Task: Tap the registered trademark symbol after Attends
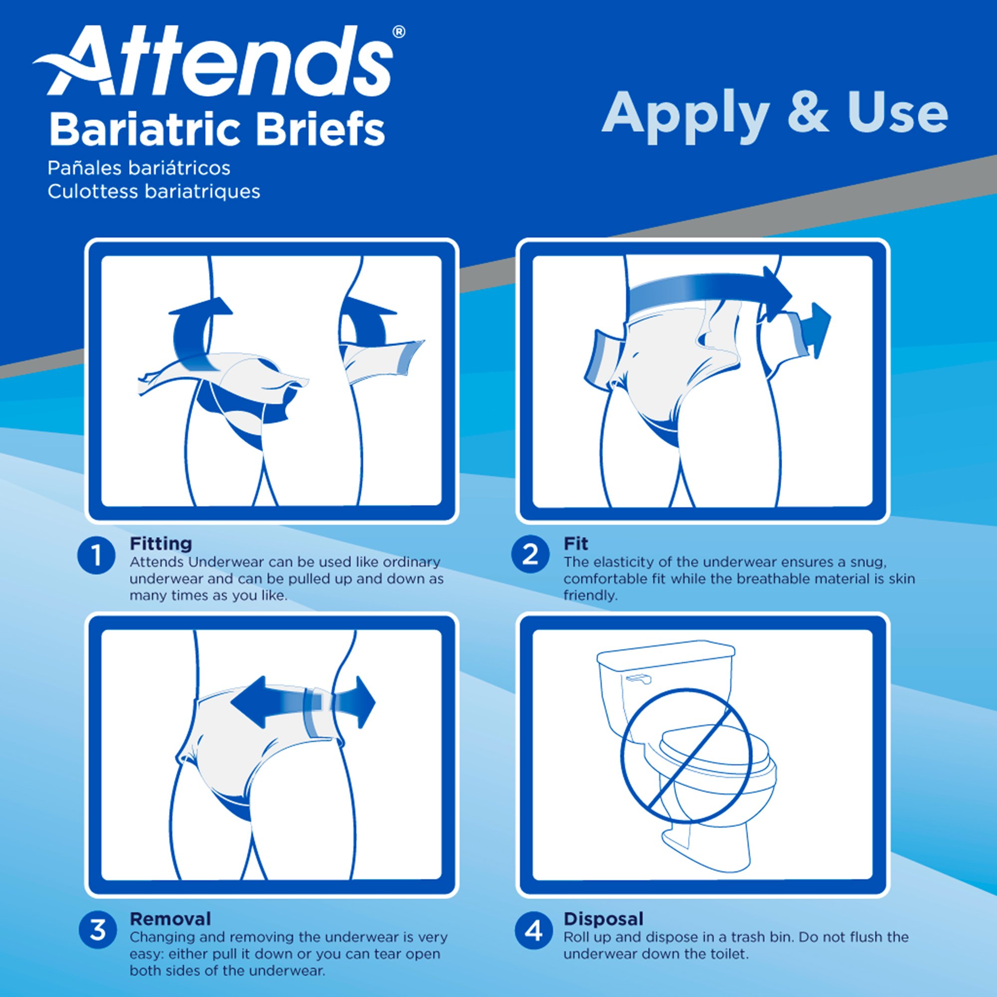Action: [398, 32]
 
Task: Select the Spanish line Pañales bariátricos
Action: [139, 168]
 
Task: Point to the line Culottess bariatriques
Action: [154, 191]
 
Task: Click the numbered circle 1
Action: [96, 556]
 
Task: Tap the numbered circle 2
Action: [530, 555]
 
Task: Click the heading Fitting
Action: [161, 543]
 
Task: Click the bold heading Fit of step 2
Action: [575, 543]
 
